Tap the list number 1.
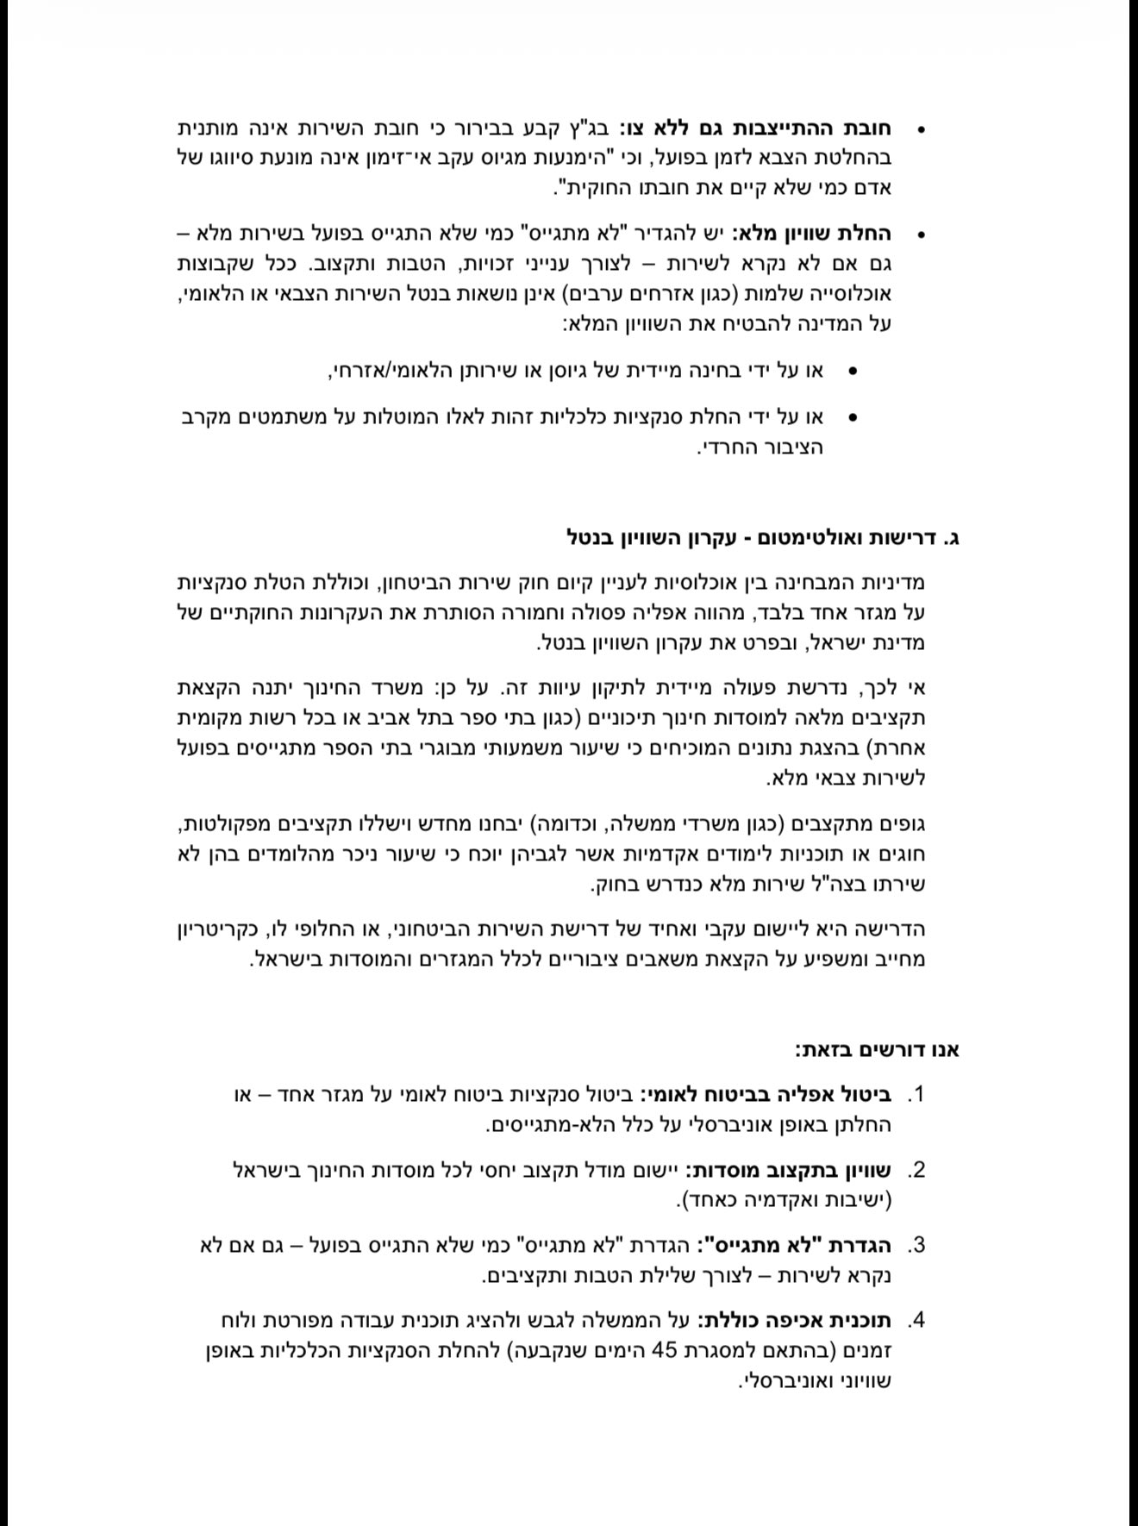pos(915,1096)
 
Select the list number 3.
pos(915,1246)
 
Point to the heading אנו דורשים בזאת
pos(878,1050)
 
